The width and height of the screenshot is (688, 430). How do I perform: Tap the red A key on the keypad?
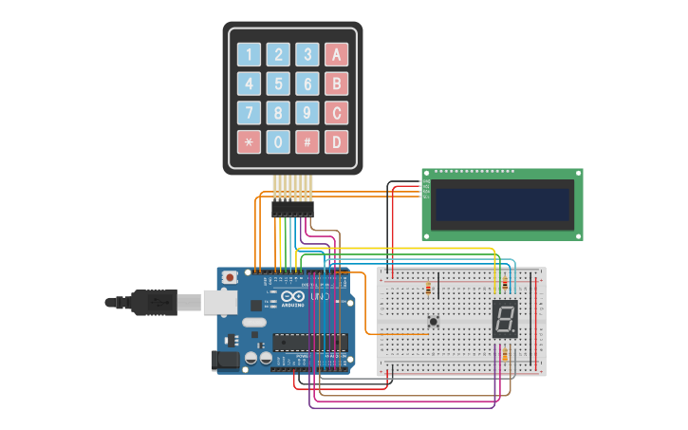click(x=336, y=54)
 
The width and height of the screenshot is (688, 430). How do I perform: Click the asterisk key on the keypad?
click(x=249, y=142)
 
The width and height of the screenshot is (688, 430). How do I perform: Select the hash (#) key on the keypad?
click(x=307, y=142)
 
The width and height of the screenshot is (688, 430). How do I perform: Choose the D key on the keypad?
click(x=336, y=142)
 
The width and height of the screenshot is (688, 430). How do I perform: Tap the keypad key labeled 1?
click(x=249, y=54)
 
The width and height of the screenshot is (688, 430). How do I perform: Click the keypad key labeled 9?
click(x=307, y=113)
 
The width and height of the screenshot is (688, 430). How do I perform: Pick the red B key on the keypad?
click(x=336, y=84)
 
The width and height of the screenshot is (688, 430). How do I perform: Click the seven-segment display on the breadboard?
click(x=505, y=319)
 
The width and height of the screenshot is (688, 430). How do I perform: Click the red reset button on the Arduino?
click(x=230, y=277)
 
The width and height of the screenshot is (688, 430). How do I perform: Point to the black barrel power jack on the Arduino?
click(x=226, y=359)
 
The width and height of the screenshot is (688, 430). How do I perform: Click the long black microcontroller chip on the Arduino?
click(x=309, y=342)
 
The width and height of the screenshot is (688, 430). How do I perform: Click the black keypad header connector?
click(x=292, y=208)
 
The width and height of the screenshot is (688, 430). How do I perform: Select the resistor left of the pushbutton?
click(x=428, y=288)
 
